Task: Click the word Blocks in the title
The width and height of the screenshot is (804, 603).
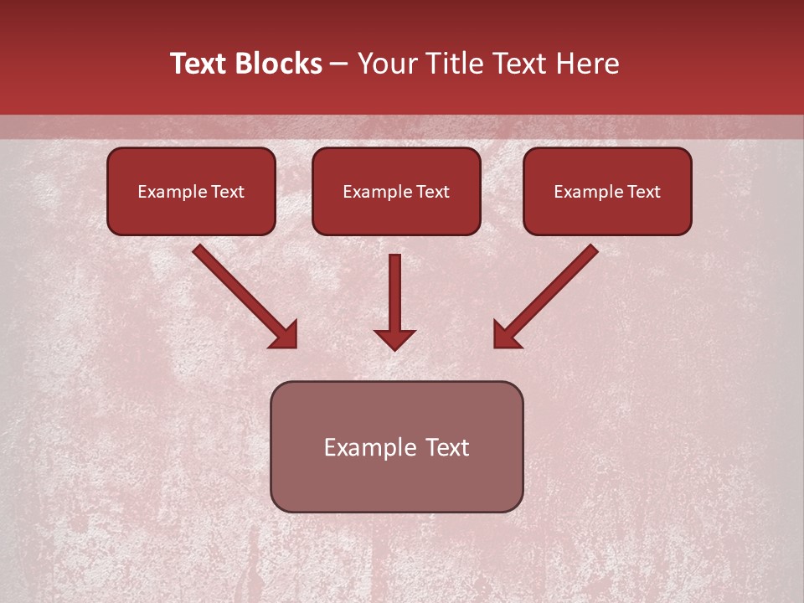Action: (x=280, y=64)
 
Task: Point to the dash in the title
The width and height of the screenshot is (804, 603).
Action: (x=339, y=64)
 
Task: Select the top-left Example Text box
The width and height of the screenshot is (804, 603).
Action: (x=191, y=191)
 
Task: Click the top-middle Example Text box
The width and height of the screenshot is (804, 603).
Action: (x=396, y=191)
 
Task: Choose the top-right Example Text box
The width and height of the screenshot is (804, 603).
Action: (x=607, y=191)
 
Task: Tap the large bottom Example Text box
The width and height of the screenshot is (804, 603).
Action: (x=396, y=446)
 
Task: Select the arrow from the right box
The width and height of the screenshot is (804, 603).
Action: (x=553, y=290)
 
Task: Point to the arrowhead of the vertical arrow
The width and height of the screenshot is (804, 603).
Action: (x=394, y=339)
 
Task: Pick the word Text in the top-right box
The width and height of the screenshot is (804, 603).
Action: (x=643, y=192)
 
